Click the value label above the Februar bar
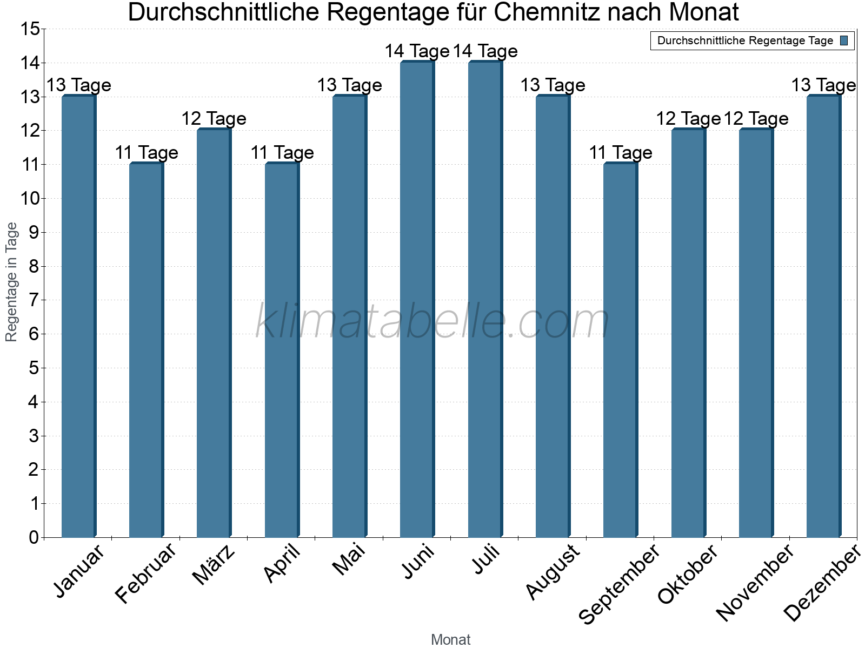[x=147, y=153]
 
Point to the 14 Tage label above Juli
[x=485, y=51]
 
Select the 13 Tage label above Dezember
[x=823, y=85]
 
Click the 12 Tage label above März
[x=214, y=119]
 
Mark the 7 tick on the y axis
[x=34, y=300]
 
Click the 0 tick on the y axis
[x=34, y=537]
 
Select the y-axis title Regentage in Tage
[x=11, y=282]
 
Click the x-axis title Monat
[x=450, y=639]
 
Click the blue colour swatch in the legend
[x=844, y=40]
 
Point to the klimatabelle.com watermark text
[x=432, y=321]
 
